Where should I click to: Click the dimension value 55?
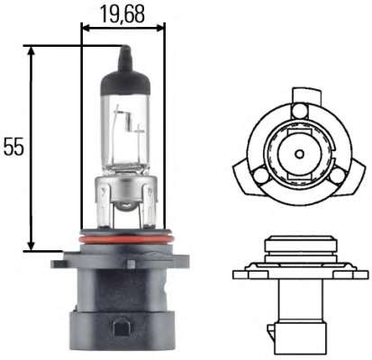[x=14, y=147]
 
